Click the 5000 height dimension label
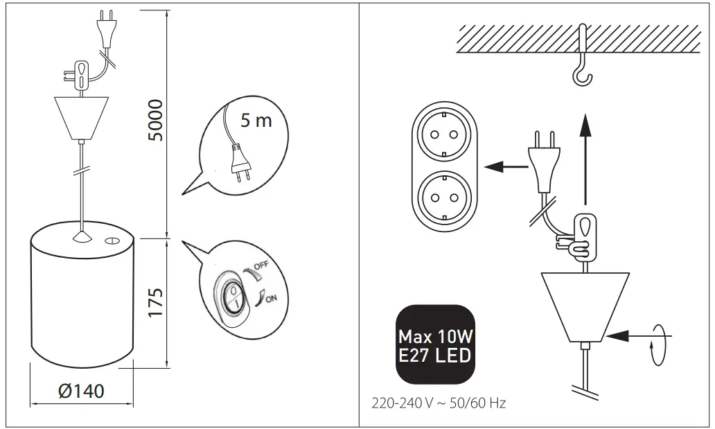point(157,120)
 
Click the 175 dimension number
point(157,301)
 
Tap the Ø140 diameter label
point(82,391)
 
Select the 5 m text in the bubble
point(256,121)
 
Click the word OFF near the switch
point(261,266)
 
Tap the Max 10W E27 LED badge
point(435,345)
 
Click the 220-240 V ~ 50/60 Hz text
point(439,403)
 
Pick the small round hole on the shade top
point(111,241)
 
